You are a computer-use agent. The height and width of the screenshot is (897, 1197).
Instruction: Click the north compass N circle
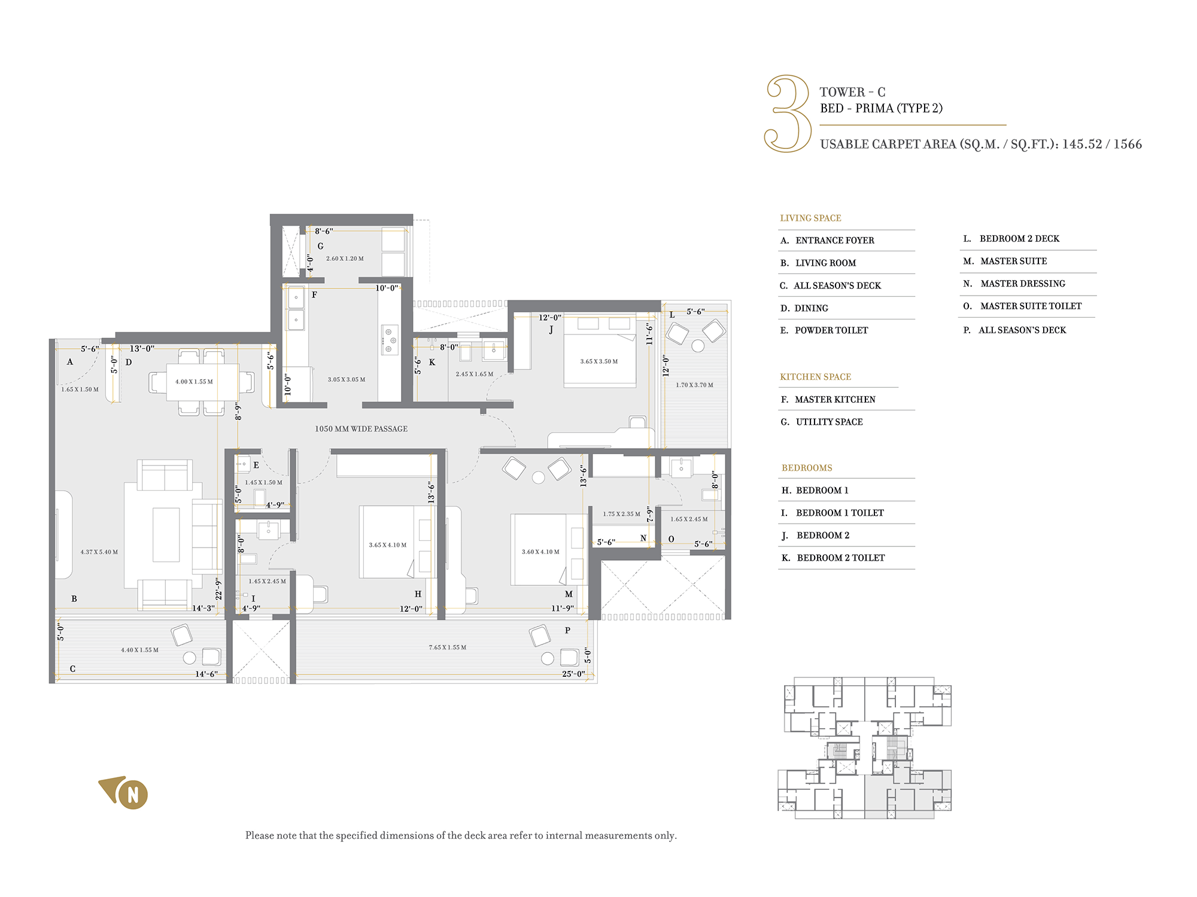(x=133, y=795)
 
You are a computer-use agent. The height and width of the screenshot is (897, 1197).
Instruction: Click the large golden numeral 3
(x=788, y=113)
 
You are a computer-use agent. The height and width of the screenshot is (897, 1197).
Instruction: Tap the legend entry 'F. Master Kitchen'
(x=828, y=400)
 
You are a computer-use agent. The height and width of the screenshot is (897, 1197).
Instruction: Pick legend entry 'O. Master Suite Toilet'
(x=1022, y=306)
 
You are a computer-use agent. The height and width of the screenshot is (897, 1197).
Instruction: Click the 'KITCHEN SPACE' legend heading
(x=815, y=377)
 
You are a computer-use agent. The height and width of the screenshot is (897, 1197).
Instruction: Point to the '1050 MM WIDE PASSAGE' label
(x=361, y=429)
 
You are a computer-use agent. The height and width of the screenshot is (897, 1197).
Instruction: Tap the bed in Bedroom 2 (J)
(x=600, y=352)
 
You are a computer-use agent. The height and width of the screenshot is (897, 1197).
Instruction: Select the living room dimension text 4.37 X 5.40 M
(x=99, y=552)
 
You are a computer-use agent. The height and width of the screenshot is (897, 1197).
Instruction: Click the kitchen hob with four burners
(x=390, y=340)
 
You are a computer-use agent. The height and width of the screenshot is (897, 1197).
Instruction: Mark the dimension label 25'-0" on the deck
(x=573, y=674)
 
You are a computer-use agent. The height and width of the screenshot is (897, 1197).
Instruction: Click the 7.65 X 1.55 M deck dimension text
(x=448, y=647)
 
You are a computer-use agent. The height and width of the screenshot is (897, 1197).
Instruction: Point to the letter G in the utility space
(x=320, y=246)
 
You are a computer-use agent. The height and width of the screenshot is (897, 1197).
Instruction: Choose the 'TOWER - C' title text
(x=852, y=92)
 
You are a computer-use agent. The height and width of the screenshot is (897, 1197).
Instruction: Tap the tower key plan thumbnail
(x=864, y=748)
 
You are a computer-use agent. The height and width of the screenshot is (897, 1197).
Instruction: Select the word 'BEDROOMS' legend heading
(x=807, y=468)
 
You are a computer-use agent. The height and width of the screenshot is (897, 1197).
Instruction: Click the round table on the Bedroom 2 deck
(x=698, y=345)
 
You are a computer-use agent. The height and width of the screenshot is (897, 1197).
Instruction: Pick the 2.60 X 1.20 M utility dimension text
(x=345, y=259)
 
